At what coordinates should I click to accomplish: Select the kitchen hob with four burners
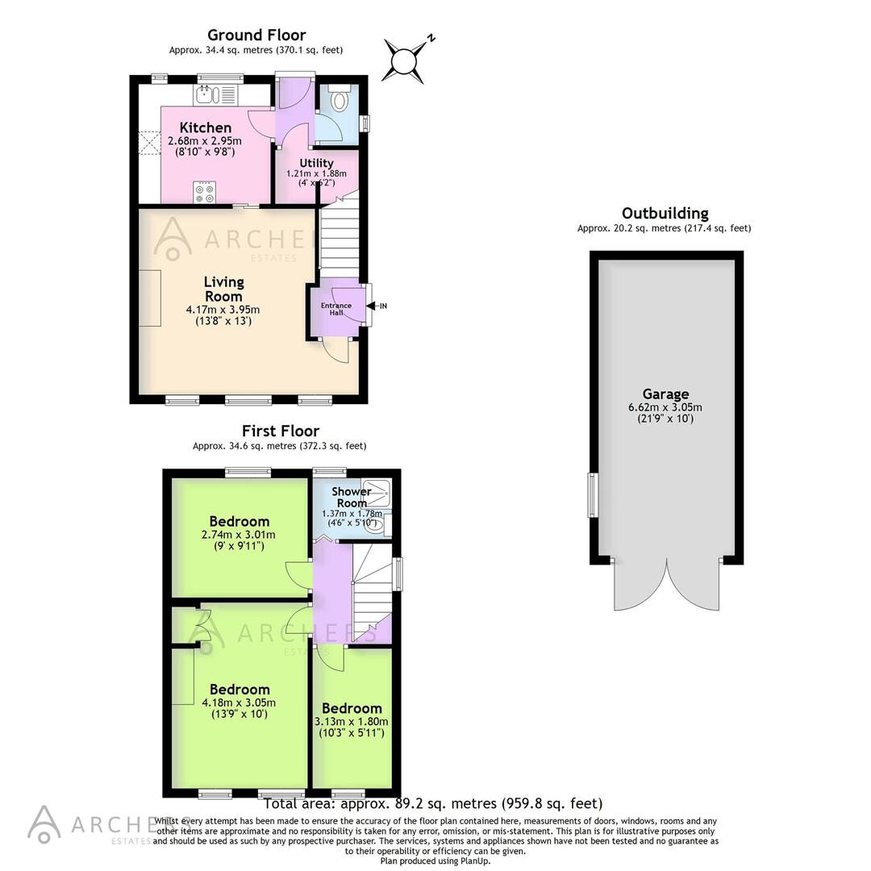(205, 194)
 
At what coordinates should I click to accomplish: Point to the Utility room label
(316, 163)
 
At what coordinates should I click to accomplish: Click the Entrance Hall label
(336, 309)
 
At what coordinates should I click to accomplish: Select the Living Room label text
(223, 289)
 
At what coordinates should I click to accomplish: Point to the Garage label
(665, 394)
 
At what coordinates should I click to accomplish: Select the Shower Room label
(352, 497)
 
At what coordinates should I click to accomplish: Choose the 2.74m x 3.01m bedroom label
(239, 534)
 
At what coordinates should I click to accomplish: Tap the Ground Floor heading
(256, 35)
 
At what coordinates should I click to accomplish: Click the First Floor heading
(280, 431)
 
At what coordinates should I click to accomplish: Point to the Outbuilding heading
(665, 214)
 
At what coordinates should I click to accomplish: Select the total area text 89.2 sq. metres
(433, 803)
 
